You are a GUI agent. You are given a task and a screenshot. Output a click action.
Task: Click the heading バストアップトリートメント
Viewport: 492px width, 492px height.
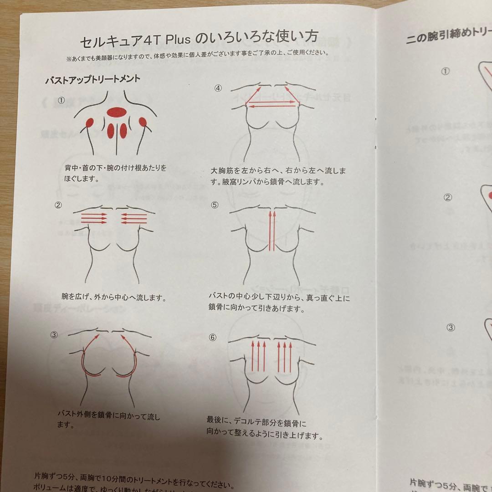(x=92, y=79)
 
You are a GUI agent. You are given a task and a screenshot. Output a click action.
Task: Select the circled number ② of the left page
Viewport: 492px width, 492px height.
(x=58, y=205)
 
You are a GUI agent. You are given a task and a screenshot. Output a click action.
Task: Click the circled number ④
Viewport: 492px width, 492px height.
(x=218, y=88)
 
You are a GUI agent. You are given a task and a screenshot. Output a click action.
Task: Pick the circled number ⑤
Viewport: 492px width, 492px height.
(x=215, y=205)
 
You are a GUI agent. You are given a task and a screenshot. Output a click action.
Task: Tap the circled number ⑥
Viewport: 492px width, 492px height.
(x=212, y=338)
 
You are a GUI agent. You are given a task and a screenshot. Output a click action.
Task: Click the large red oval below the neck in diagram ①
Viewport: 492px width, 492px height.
(x=116, y=112)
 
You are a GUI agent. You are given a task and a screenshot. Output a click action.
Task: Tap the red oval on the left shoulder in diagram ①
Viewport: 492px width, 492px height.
(x=90, y=123)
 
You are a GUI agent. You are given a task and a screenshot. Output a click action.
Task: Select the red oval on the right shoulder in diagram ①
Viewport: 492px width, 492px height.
(x=143, y=122)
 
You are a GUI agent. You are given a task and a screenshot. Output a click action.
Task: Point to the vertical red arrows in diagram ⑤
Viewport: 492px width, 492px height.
(x=272, y=230)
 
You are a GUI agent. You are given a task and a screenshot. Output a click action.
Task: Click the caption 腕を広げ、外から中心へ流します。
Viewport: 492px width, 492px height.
(x=113, y=297)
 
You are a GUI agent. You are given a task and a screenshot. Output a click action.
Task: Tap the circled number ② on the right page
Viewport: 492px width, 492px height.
(x=448, y=197)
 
